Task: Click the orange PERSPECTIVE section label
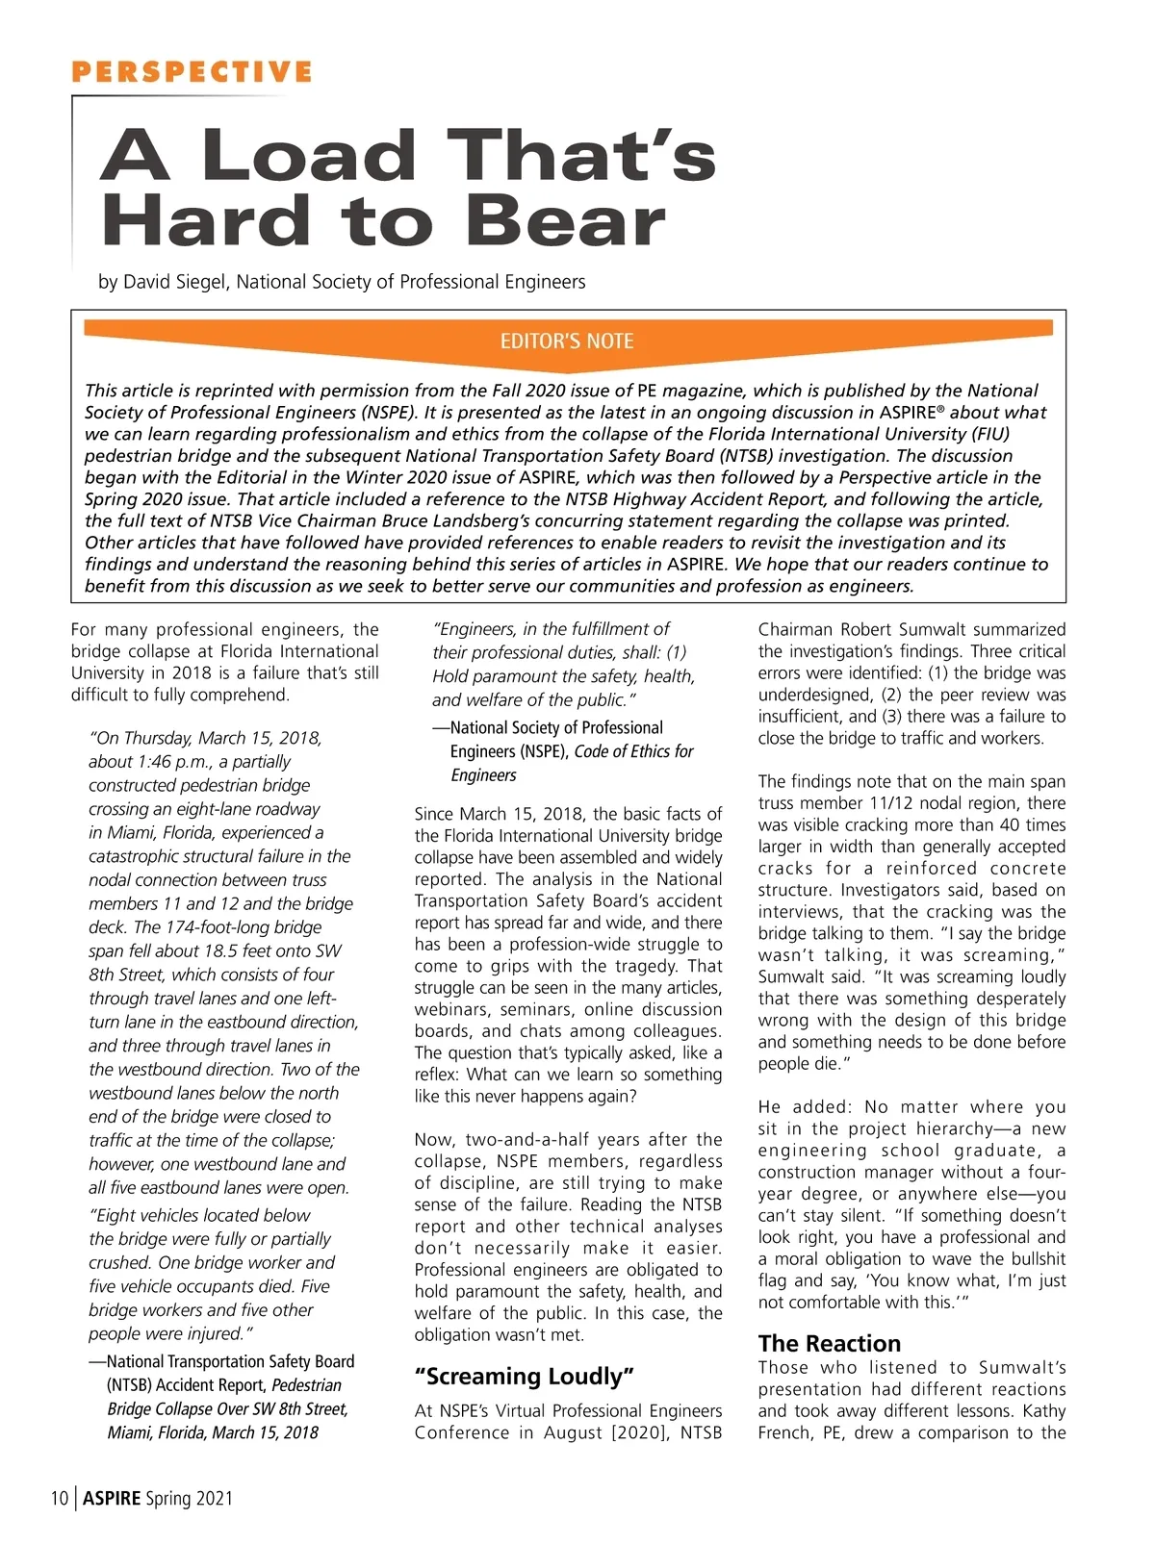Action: tap(192, 72)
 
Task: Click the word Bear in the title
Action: tap(567, 221)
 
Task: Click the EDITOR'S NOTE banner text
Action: tap(567, 341)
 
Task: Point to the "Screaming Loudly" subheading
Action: tap(524, 1377)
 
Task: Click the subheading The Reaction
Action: tap(830, 1344)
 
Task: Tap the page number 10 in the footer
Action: tap(60, 1498)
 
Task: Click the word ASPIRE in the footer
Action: tap(112, 1498)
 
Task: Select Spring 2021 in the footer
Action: tap(190, 1498)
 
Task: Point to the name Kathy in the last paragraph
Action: tap(1039, 1411)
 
